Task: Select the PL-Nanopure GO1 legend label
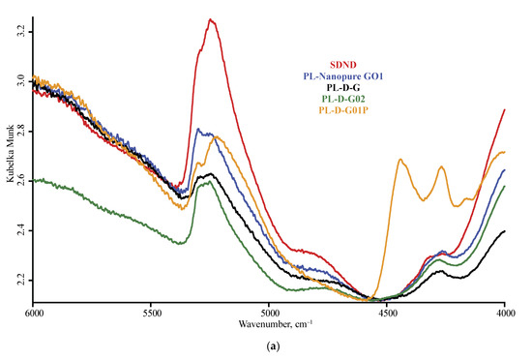pos(345,75)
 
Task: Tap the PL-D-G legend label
pos(345,87)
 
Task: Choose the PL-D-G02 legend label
pos(345,98)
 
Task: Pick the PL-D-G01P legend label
pos(345,109)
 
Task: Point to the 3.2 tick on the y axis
pos(19,32)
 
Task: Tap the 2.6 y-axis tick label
pos(19,181)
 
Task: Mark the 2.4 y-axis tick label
pos(19,230)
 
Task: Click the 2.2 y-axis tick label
pos(19,281)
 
